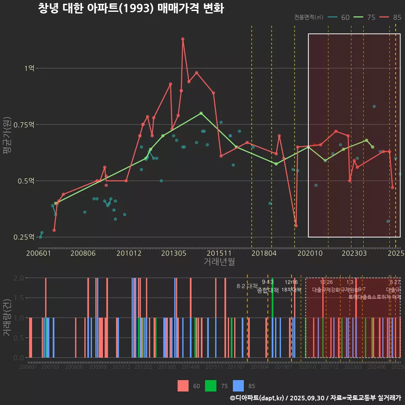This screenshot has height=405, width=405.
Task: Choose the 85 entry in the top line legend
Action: [x=391, y=17]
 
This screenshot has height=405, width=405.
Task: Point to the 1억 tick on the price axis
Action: [x=29, y=68]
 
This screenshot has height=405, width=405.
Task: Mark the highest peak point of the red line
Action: [x=183, y=39]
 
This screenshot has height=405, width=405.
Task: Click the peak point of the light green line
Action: [x=201, y=113]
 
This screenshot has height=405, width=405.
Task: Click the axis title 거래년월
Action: [x=219, y=262]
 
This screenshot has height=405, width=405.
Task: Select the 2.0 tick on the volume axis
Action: [x=19, y=278]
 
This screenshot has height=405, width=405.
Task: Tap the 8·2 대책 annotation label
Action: [x=247, y=286]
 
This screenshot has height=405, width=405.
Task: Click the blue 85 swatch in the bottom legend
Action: [x=238, y=386]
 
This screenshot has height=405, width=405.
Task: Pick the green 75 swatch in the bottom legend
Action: [x=211, y=386]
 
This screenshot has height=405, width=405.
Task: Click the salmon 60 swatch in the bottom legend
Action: [x=183, y=386]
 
